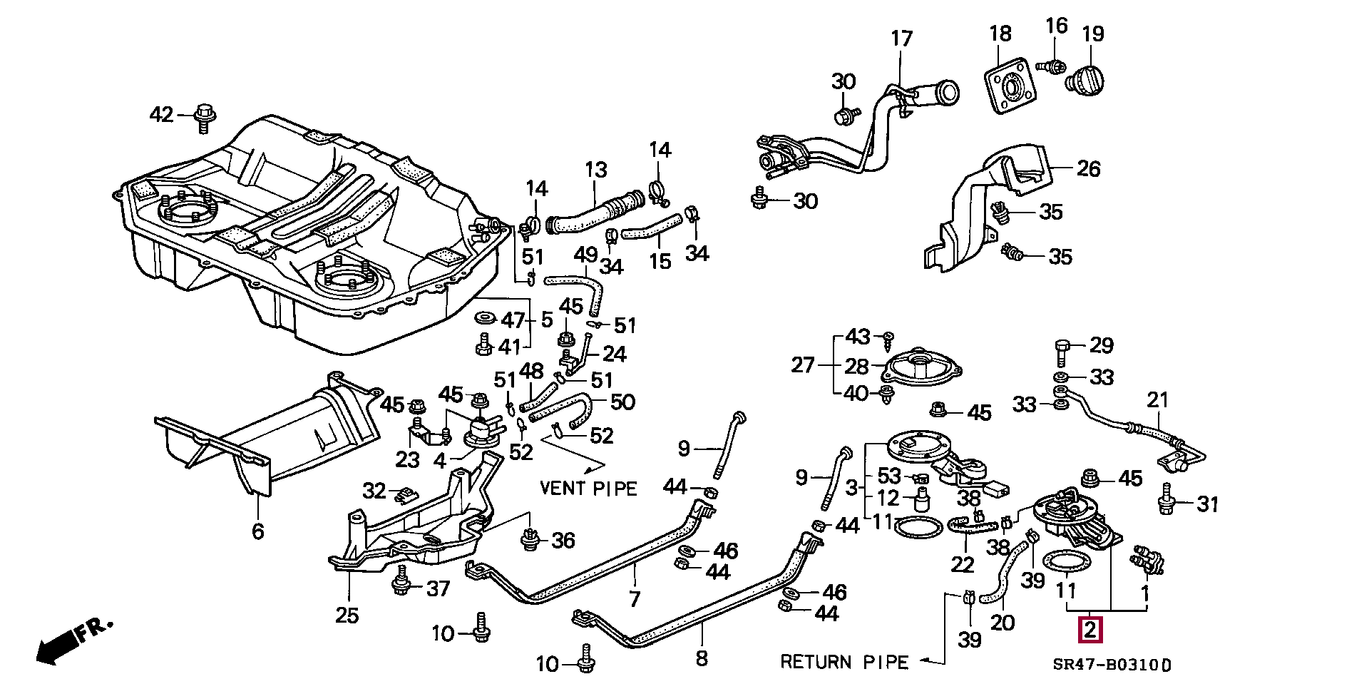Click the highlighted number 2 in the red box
pos(1091,631)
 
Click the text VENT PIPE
pos(588,489)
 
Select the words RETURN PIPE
pos(844,663)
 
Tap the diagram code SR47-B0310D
pos(1112,665)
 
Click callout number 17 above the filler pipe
pos(901,39)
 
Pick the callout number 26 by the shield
pos(1089,168)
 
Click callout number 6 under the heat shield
pos(257,531)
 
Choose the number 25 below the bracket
pos(347,615)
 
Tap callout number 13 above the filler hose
pos(596,170)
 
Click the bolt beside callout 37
pos(401,583)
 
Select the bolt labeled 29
pos(1061,352)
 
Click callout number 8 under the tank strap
pos(702,658)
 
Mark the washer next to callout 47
pos(486,317)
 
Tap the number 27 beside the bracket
pos(803,365)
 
